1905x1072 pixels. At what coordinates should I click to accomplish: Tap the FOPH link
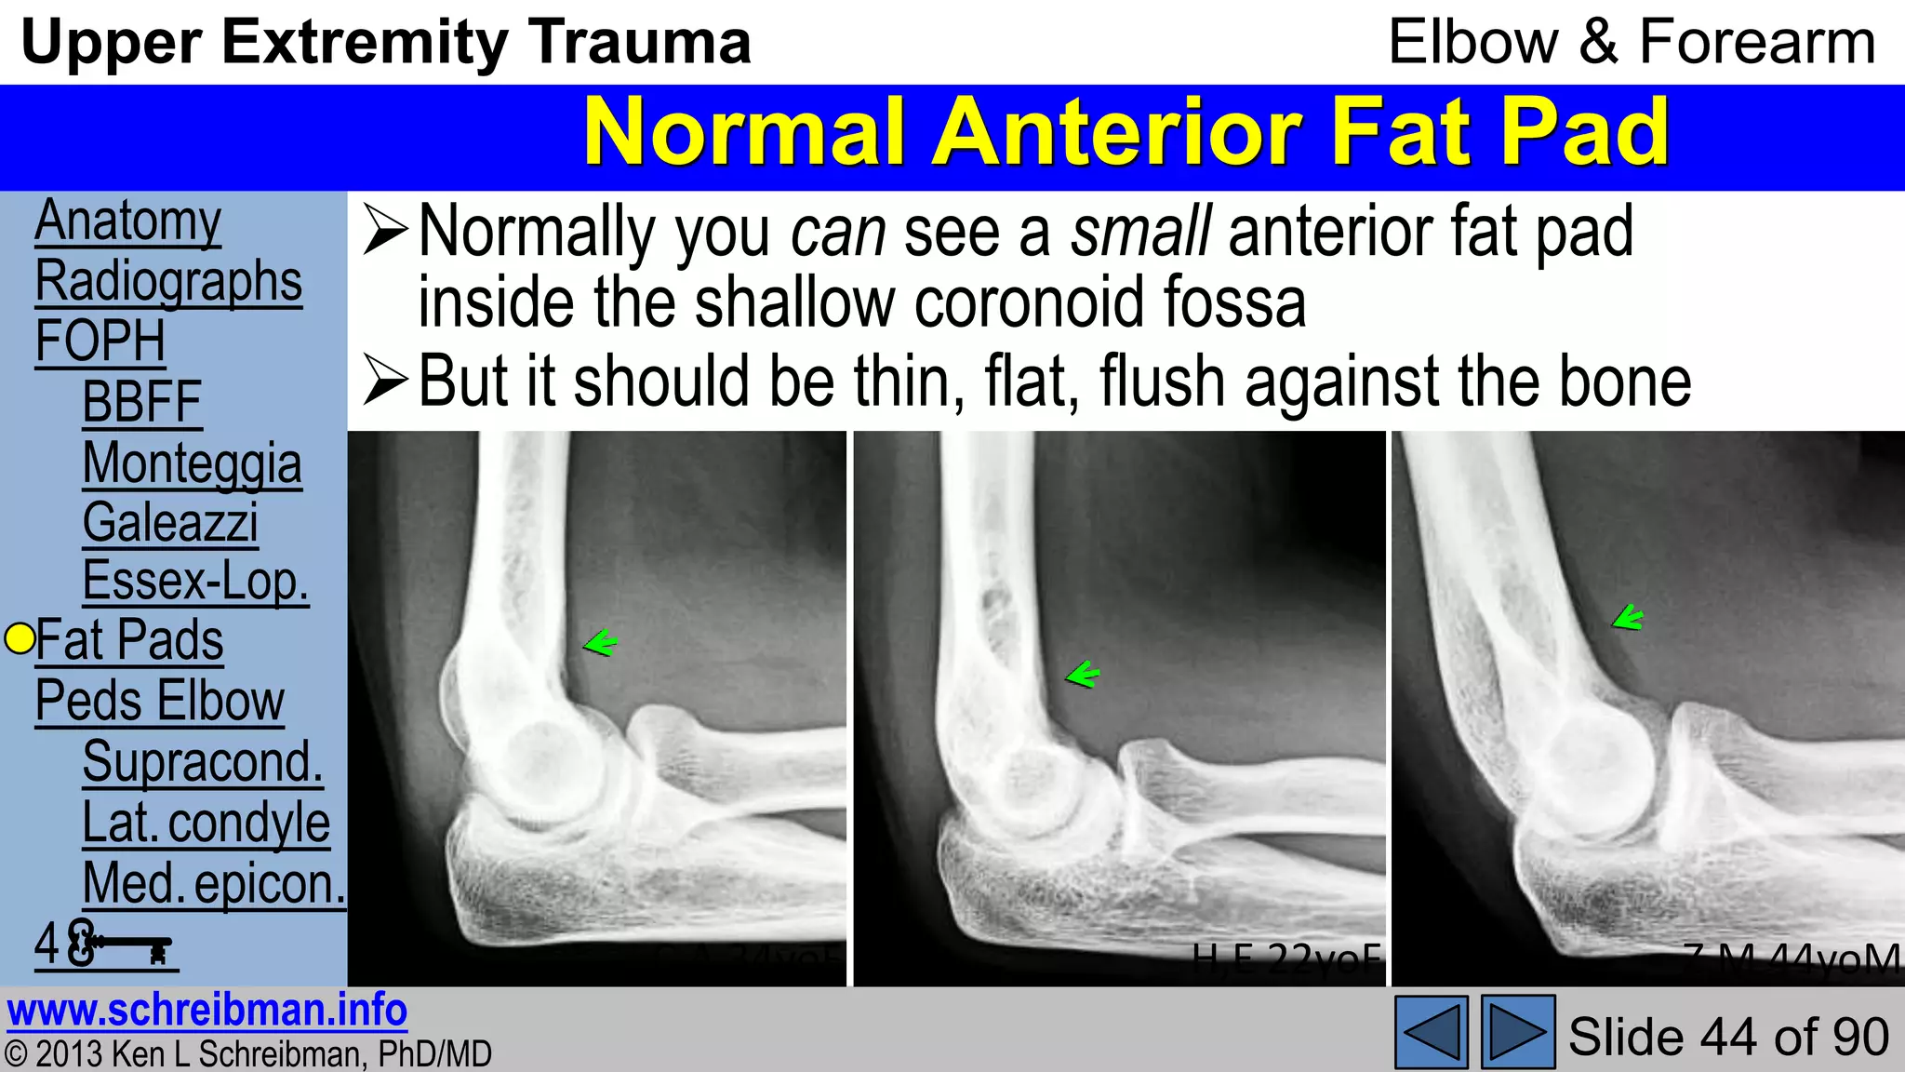pyautogui.click(x=100, y=342)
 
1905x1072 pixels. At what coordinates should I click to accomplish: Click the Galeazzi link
pyautogui.click(x=170, y=522)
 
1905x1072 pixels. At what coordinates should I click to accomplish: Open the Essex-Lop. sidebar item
pyautogui.click(x=195, y=582)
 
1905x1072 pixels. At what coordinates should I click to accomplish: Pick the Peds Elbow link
pyautogui.click(x=160, y=701)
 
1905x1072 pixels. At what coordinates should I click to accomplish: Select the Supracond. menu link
pyautogui.click(x=203, y=761)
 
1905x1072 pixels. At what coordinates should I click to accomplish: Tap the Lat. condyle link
pyautogui.click(x=206, y=823)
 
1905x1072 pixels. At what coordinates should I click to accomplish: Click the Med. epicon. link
pyautogui.click(x=214, y=883)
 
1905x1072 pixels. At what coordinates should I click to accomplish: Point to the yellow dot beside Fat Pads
pyautogui.click(x=20, y=638)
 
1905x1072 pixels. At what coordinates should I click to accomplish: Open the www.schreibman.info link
pyautogui.click(x=207, y=1011)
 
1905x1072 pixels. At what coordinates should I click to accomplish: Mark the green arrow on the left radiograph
pyautogui.click(x=600, y=642)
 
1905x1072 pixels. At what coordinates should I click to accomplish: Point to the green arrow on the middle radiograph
pyautogui.click(x=1082, y=674)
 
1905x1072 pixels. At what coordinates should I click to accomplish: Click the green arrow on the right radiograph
pyautogui.click(x=1628, y=617)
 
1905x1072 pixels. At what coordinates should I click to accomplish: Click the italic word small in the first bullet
pyautogui.click(x=1140, y=232)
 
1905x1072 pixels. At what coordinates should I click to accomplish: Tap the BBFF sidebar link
pyautogui.click(x=142, y=402)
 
